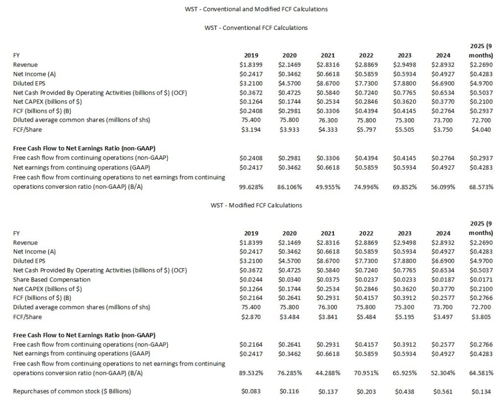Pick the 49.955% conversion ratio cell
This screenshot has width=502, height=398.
[x=327, y=187]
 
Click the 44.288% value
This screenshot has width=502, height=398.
[x=327, y=373]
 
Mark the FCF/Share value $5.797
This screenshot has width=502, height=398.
[x=366, y=130]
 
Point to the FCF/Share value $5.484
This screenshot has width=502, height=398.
[x=366, y=317]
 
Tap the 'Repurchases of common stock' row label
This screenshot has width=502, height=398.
[x=72, y=392]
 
